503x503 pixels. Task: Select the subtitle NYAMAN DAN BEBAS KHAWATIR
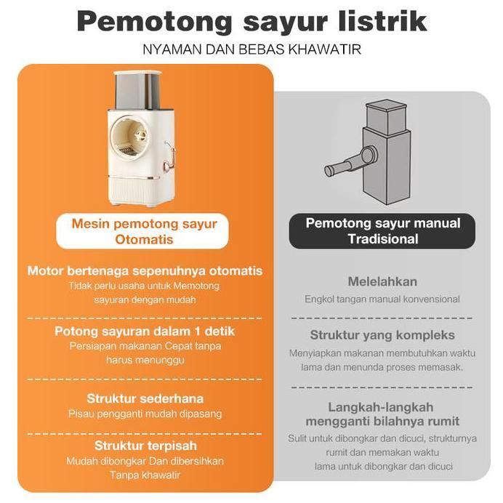[252, 50]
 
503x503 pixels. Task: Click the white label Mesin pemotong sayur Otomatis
[144, 231]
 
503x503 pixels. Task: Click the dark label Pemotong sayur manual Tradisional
[382, 231]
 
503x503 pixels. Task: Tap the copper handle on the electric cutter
[170, 156]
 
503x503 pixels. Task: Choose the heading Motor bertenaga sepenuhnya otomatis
[145, 271]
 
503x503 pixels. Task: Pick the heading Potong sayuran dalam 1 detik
[145, 331]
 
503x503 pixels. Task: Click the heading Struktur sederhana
[145, 398]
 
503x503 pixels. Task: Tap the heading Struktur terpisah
[145, 445]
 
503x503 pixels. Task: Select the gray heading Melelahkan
[382, 281]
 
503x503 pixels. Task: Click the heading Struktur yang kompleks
[382, 335]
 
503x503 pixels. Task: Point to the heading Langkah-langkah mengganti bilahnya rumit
[382, 414]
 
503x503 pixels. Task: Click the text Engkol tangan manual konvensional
[382, 299]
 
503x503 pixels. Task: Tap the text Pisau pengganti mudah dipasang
[145, 414]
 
